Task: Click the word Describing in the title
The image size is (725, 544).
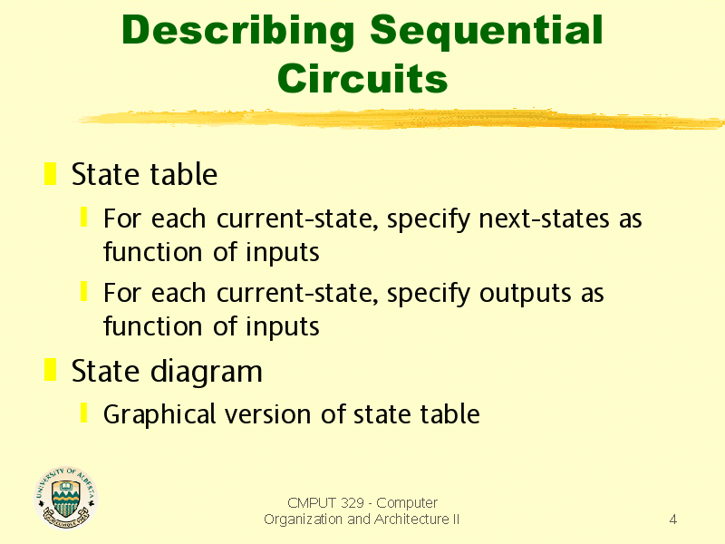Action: (x=238, y=32)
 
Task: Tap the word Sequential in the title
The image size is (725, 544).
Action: (x=487, y=32)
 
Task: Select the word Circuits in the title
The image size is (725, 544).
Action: (x=362, y=78)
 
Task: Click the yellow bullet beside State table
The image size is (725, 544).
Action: (x=50, y=173)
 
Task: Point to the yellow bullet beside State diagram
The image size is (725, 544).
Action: (x=50, y=370)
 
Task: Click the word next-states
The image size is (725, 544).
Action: (x=545, y=219)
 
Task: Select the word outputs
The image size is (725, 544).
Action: (x=526, y=294)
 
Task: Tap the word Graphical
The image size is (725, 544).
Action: (x=159, y=414)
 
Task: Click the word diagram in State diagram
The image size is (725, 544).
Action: (x=207, y=373)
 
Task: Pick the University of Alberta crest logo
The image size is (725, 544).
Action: (x=66, y=497)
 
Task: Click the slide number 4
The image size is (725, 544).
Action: (x=673, y=519)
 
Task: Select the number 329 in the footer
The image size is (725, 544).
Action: (x=352, y=502)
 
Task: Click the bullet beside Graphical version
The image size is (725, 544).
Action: (x=83, y=413)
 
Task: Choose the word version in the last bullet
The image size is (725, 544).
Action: (x=267, y=414)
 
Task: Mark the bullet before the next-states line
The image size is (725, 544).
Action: (x=83, y=217)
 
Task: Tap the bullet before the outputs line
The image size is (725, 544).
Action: (x=83, y=291)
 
